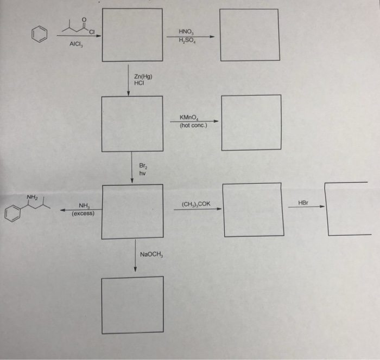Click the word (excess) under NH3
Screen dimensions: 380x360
83,214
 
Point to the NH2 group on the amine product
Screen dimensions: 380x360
33,197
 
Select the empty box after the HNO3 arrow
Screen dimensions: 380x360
250,35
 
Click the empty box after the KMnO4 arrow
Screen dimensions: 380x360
251,123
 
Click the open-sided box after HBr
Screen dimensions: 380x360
348,209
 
